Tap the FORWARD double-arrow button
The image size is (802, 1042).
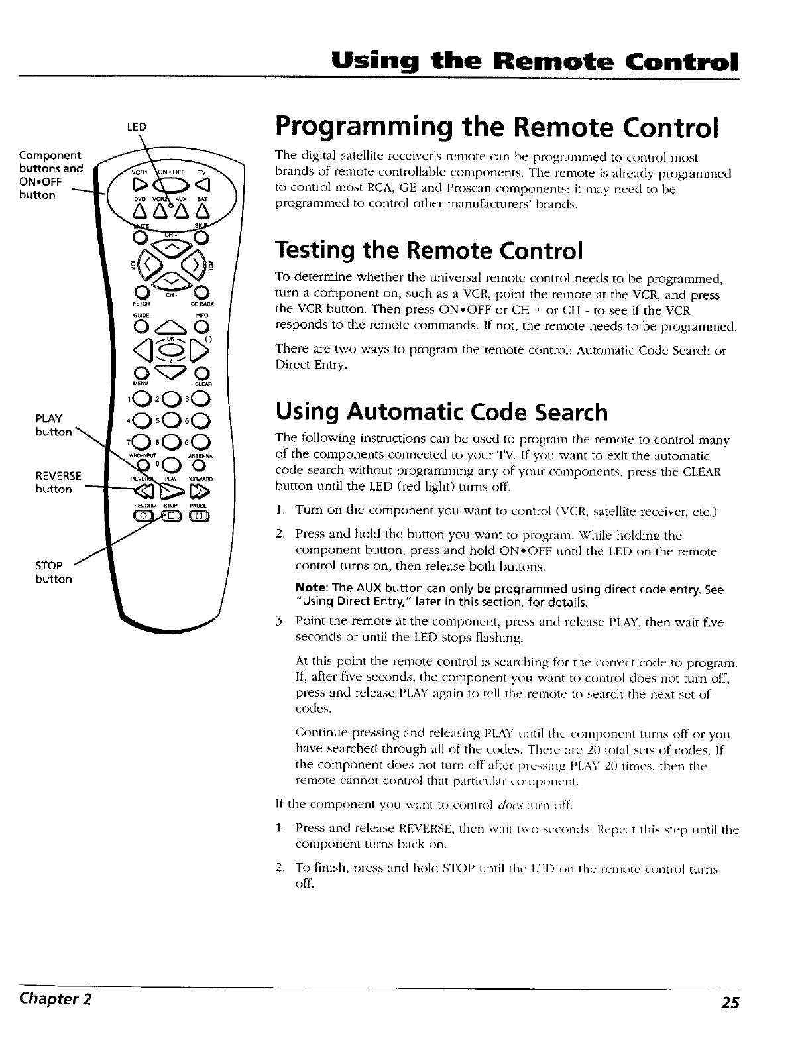(200, 491)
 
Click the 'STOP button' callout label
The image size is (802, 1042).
(54, 572)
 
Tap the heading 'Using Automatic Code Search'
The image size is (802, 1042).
(441, 412)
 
